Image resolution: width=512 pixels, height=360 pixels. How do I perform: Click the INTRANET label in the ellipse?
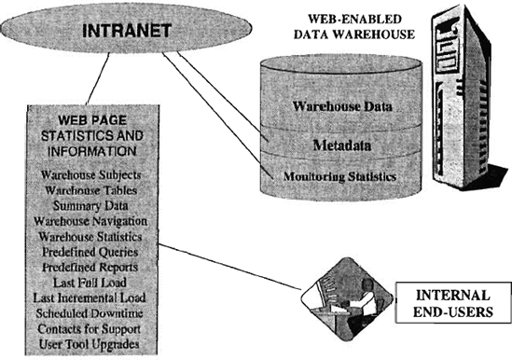127,31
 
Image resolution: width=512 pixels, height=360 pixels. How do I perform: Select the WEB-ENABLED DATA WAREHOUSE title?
354,26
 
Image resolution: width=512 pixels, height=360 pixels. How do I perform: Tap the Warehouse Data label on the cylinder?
342,106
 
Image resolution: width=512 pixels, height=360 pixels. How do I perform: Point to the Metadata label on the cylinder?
342,145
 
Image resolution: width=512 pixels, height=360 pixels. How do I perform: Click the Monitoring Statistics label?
339,176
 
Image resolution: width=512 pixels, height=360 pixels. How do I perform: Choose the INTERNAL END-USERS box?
453,303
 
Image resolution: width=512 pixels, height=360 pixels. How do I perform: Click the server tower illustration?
467,98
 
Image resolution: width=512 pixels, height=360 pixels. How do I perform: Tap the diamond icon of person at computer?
347,299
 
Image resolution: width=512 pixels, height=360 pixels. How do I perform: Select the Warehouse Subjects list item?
90,175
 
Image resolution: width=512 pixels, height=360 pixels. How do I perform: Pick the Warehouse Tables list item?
90,190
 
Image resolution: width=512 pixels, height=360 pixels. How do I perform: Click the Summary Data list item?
90,206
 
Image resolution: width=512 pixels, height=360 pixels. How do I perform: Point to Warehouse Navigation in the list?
90,221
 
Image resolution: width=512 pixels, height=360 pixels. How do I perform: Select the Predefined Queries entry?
90,252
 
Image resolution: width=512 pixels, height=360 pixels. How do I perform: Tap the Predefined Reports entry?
90,268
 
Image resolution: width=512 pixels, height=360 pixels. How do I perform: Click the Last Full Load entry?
90,283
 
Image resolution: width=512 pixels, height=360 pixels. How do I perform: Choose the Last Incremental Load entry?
90,298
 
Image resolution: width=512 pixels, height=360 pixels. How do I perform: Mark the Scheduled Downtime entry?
90,313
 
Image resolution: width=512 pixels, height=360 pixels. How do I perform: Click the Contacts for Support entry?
90,328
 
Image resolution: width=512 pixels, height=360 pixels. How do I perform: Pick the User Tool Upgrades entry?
90,344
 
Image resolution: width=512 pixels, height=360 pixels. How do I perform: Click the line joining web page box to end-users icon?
229,267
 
